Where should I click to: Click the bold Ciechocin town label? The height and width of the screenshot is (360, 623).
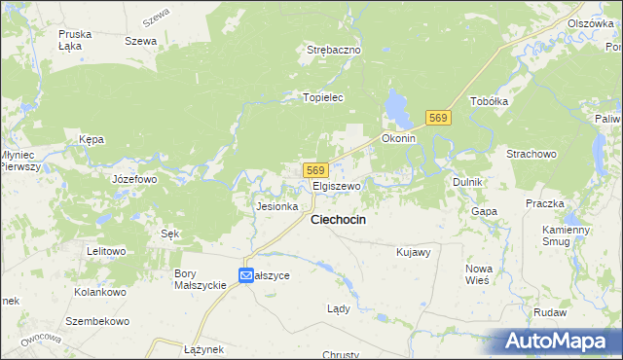[338, 221]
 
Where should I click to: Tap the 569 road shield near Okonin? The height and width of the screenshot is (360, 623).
[438, 118]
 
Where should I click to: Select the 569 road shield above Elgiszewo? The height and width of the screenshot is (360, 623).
[312, 169]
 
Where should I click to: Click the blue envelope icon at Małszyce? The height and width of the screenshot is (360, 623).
[246, 275]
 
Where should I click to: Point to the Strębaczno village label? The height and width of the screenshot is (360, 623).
[334, 50]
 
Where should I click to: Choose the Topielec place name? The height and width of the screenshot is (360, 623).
[325, 97]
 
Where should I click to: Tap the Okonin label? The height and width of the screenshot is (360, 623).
[399, 139]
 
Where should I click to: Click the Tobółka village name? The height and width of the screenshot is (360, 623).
[490, 101]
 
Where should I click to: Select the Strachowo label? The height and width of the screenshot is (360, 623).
[531, 154]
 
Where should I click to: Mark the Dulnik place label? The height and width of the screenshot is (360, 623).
[468, 182]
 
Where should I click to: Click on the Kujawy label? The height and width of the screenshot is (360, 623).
[414, 252]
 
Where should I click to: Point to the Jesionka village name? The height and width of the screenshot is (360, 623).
[275, 206]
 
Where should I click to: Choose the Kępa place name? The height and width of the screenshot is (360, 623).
[92, 139]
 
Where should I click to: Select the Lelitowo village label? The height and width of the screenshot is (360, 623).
[106, 251]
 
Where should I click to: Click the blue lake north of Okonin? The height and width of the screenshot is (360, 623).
[396, 107]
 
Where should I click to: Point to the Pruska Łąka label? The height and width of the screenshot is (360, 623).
[75, 39]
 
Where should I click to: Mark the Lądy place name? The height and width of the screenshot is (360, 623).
[338, 308]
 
